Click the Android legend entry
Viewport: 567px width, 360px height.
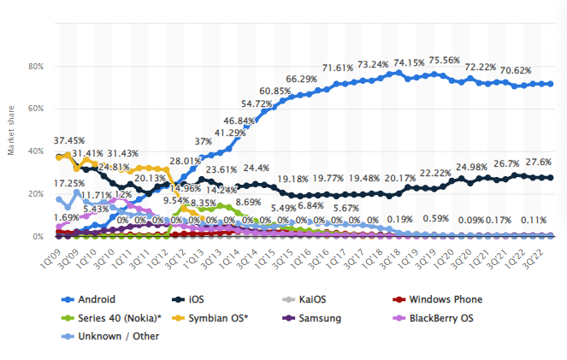92,299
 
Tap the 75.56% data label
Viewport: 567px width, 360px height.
444,60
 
